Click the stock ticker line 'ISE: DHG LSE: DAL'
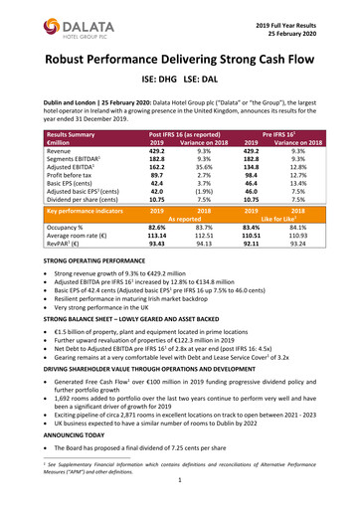coord(180,87)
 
